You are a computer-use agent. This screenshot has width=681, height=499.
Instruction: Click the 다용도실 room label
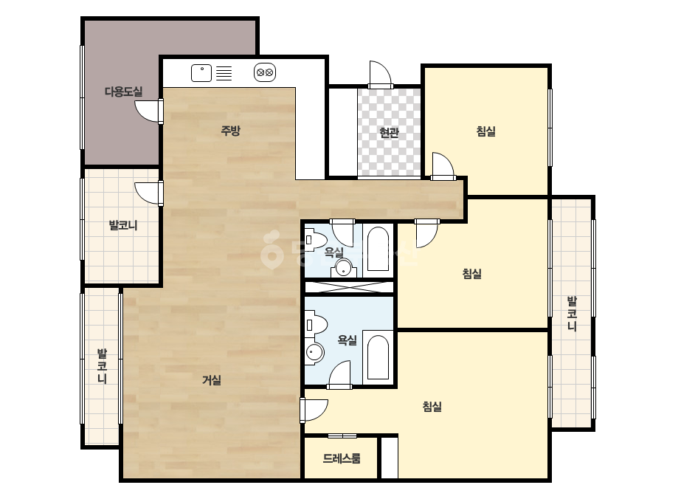pyautogui.click(x=123, y=92)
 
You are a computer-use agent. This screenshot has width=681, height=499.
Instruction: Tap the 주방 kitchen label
pyautogui.click(x=230, y=131)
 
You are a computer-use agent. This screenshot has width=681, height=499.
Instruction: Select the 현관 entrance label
pyautogui.click(x=389, y=132)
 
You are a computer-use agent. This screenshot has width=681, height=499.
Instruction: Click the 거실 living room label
pyautogui.click(x=212, y=380)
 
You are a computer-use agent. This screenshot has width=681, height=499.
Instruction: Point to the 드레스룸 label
pyautogui.click(x=342, y=458)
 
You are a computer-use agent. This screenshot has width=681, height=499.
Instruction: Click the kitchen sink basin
pyautogui.click(x=201, y=73)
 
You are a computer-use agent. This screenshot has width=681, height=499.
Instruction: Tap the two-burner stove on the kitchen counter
pyautogui.click(x=265, y=72)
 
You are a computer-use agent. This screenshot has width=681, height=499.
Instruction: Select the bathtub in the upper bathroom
pyautogui.click(x=378, y=249)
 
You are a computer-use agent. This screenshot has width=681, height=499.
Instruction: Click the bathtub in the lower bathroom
pyautogui.click(x=378, y=357)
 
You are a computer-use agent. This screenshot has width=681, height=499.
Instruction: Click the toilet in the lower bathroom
pyautogui.click(x=316, y=325)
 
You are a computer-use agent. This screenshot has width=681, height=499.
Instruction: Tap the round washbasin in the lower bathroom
pyautogui.click(x=315, y=352)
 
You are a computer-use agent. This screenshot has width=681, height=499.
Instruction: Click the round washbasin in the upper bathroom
pyautogui.click(x=344, y=268)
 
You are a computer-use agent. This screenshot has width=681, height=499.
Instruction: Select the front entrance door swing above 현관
pyautogui.click(x=380, y=74)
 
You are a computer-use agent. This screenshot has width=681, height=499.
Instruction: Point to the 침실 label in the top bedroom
pyautogui.click(x=485, y=131)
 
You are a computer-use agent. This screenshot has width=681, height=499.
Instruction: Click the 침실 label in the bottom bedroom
pyautogui.click(x=432, y=407)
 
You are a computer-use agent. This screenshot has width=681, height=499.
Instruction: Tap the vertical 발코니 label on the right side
pyautogui.click(x=572, y=314)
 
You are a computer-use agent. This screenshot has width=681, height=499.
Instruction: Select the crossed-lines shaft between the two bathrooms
pyautogui.click(x=349, y=287)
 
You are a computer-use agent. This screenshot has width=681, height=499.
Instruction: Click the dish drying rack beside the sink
pyautogui.click(x=224, y=73)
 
